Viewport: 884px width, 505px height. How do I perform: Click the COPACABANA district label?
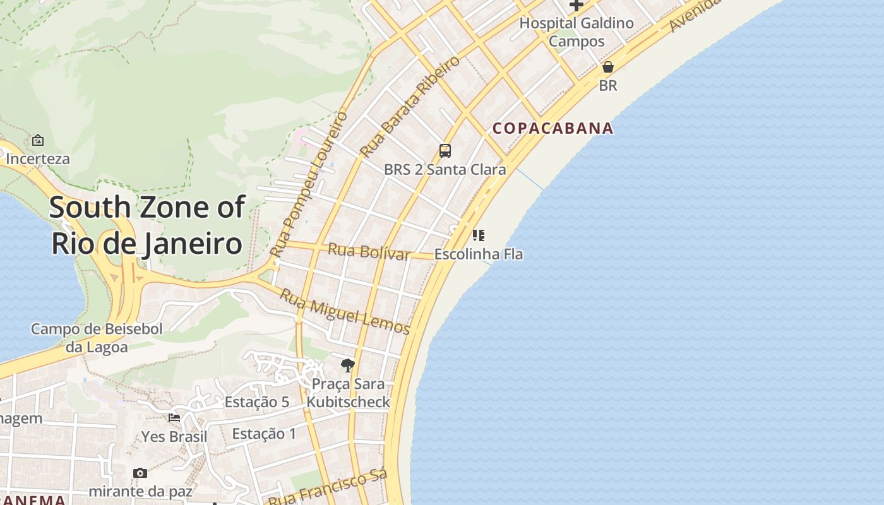coord(552,128)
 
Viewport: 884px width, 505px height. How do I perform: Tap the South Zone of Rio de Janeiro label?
coord(146,225)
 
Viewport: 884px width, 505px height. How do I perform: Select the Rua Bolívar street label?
coord(369,252)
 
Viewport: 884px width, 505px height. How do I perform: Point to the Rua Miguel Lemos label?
coord(345,312)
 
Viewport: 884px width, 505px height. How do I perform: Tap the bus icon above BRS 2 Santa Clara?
coord(445,151)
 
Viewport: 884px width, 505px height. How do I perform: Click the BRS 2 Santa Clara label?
coord(445,169)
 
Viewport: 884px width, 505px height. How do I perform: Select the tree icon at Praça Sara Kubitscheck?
coord(347,365)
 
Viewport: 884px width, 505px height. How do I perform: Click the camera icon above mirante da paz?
coord(140,473)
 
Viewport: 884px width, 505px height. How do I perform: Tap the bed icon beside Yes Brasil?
coord(174,417)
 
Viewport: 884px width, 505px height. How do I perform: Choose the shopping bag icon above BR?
coord(608,67)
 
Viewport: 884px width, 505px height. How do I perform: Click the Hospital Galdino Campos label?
coord(576,32)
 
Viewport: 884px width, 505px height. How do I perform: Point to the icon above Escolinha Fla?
coord(479,235)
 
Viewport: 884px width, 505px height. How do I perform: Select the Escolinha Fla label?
coord(479,254)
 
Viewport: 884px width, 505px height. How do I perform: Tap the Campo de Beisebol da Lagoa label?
coord(97,338)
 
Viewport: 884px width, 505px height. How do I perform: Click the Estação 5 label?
coord(257,402)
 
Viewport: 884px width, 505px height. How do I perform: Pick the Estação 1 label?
coord(264,434)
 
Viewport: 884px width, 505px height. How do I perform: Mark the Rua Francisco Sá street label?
coord(327,489)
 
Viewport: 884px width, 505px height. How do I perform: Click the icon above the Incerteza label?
coord(38,140)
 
